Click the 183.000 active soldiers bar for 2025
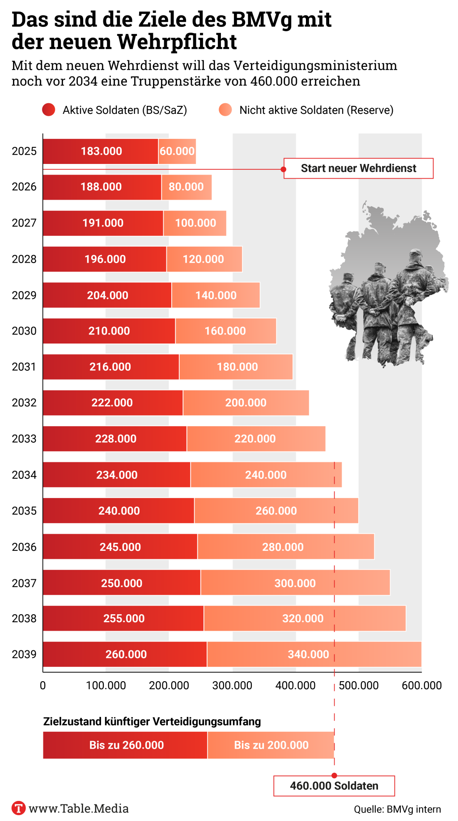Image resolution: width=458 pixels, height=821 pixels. click(101, 151)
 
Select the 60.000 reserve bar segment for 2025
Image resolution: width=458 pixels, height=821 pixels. click(177, 151)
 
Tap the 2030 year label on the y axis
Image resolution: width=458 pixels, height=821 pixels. click(24, 331)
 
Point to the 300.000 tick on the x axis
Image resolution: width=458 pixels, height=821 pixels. click(232, 685)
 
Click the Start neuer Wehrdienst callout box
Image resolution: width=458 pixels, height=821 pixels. click(358, 168)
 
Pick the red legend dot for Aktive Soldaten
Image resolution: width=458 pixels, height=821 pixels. click(48, 110)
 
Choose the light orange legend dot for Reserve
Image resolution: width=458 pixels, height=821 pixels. click(225, 110)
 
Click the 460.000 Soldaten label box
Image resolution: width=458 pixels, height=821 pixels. click(334, 786)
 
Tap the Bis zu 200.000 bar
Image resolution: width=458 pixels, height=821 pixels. click(271, 745)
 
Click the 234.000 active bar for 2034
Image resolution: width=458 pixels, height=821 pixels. click(117, 475)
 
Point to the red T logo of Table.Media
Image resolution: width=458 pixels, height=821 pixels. click(18, 808)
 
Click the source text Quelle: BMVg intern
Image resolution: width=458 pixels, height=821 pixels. click(397, 809)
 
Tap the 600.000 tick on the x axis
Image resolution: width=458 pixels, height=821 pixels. click(421, 685)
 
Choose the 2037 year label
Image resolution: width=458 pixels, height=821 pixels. click(24, 583)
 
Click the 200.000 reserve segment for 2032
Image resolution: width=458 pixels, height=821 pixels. click(246, 403)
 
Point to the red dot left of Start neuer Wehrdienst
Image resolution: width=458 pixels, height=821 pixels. click(283, 169)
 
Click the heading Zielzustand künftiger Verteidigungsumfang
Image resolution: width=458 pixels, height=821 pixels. click(152, 721)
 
